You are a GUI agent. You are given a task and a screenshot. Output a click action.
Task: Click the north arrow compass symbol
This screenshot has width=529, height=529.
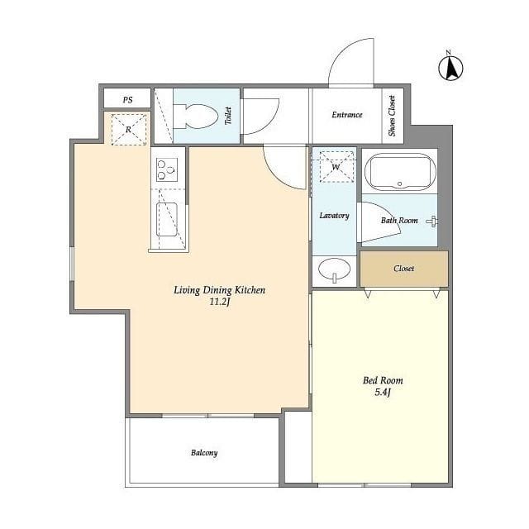(450, 67)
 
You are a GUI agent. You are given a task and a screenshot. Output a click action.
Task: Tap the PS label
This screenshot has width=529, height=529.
(127, 100)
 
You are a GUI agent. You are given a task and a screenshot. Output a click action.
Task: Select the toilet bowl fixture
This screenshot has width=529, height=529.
(196, 117)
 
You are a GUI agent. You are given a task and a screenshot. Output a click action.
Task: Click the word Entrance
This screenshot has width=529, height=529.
(347, 115)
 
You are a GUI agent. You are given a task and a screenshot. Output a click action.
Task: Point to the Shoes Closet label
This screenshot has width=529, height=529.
(392, 116)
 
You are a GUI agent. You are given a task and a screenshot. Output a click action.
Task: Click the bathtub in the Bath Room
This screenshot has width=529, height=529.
(400, 172)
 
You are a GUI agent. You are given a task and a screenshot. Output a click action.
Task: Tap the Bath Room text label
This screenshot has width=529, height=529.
(399, 221)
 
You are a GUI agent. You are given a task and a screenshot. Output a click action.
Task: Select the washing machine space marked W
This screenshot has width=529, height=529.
(336, 167)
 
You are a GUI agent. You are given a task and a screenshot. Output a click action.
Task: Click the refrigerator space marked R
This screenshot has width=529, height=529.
(129, 130)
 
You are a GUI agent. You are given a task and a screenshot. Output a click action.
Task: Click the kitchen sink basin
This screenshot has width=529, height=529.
(167, 219)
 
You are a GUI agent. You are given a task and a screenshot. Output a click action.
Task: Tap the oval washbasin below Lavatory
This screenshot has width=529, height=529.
(334, 269)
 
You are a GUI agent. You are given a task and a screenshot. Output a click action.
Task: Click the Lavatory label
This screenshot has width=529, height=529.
(334, 215)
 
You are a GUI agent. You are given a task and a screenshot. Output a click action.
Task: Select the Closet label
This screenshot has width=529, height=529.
(404, 269)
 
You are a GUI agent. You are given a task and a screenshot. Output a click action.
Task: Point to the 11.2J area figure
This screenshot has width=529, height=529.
(220, 302)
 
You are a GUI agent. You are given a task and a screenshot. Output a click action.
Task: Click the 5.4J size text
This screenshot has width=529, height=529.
(383, 392)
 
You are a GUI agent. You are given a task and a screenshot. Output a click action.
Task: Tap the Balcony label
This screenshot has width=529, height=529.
(204, 453)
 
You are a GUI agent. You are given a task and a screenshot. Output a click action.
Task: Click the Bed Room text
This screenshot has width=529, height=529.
(383, 380)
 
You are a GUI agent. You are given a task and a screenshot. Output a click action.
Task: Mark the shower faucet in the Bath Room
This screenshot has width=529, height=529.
(432, 222)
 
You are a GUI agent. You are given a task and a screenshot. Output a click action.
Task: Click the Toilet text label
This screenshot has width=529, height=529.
(228, 116)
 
